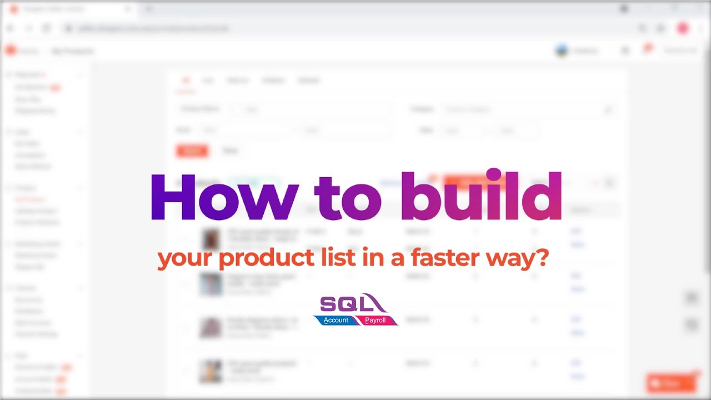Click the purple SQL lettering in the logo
(344, 303)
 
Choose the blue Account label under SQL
(336, 320)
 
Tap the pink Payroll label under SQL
(375, 320)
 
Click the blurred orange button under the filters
(192, 151)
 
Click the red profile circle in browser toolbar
(683, 28)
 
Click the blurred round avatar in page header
(562, 51)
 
